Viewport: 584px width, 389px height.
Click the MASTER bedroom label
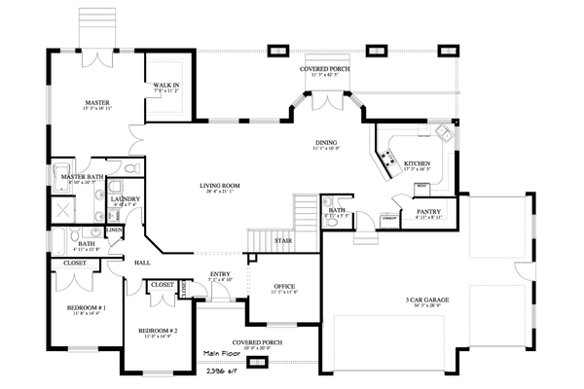click(x=95, y=101)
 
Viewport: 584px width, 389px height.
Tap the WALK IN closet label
click(x=166, y=85)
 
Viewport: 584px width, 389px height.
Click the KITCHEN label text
click(x=418, y=163)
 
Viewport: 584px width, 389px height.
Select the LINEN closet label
click(x=115, y=230)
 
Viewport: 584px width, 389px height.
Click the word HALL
click(x=142, y=263)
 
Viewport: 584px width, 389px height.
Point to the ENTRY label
click(x=221, y=274)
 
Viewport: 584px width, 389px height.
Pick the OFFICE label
click(x=284, y=286)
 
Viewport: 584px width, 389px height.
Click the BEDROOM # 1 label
click(x=86, y=308)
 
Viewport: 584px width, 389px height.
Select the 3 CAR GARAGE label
click(x=425, y=300)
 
